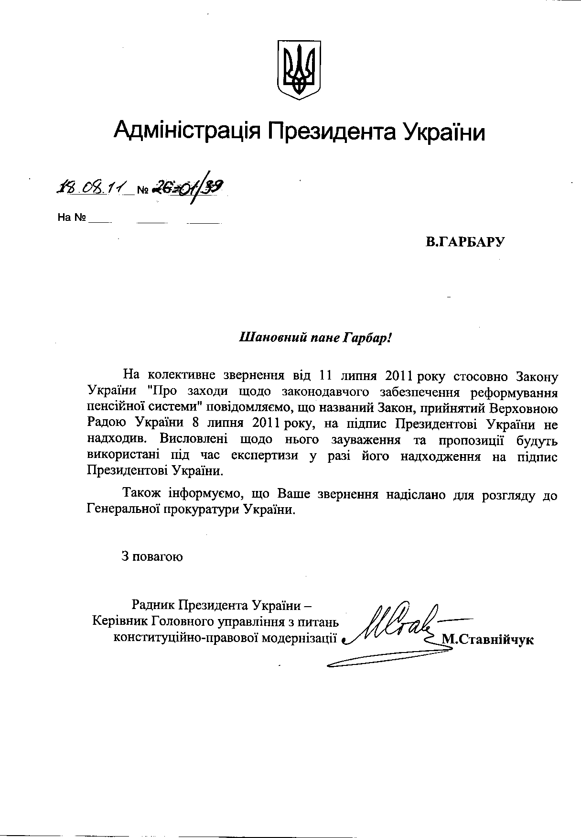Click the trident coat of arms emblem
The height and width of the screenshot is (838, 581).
[x=299, y=70]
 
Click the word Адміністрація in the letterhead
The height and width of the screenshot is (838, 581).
[x=187, y=130]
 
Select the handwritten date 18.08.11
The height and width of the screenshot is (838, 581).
[x=90, y=187]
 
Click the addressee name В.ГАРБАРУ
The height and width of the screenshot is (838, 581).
[x=465, y=242]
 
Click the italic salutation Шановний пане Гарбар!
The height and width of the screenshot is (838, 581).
[x=315, y=338]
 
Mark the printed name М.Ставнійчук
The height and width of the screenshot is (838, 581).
[x=488, y=639]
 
